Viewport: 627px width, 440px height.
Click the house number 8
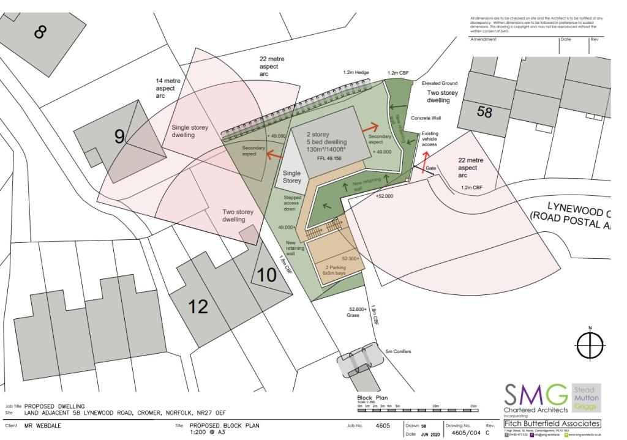click(x=40, y=31)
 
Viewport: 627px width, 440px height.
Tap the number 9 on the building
click(x=119, y=136)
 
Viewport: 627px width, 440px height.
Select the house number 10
click(x=267, y=275)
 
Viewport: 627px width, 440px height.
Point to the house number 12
click(x=198, y=306)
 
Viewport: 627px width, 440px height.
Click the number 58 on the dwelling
click(x=484, y=112)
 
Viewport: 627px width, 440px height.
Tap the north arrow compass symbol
click(x=590, y=345)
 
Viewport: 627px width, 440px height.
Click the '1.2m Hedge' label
click(x=356, y=72)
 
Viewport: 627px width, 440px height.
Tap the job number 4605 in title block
click(x=382, y=425)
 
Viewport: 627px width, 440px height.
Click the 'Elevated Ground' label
click(x=440, y=83)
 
